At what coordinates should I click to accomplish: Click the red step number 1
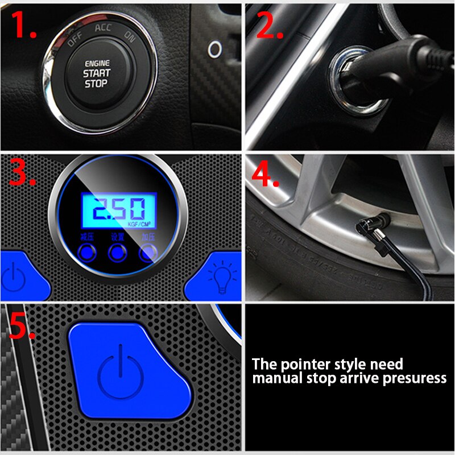click(x=24, y=26)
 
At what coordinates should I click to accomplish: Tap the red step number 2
click(x=269, y=26)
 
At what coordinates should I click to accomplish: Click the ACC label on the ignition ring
click(x=104, y=27)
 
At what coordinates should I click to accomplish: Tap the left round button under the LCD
click(x=86, y=252)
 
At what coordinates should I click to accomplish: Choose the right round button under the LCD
click(x=148, y=252)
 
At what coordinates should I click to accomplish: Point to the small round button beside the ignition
click(x=214, y=48)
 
